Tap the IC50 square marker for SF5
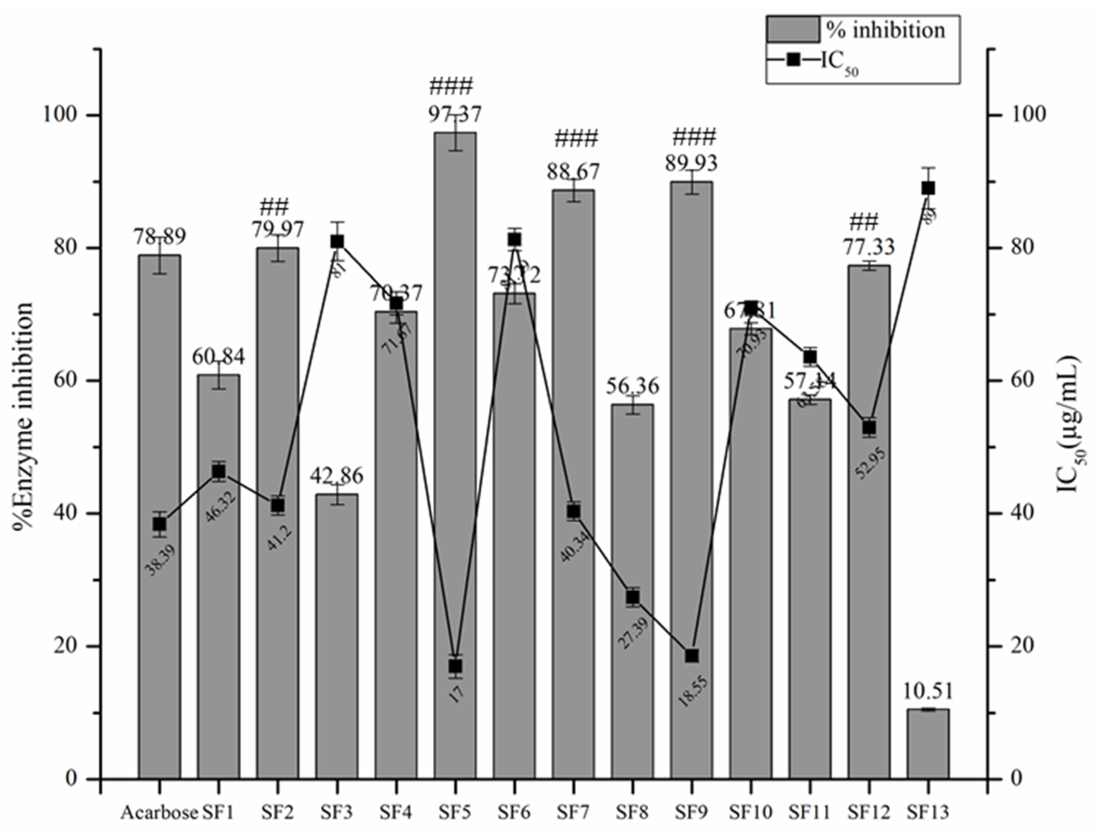pos(456,666)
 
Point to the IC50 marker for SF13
pos(928,188)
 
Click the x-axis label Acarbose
pos(159,812)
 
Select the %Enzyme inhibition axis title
pos(24,416)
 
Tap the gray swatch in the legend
pos(793,30)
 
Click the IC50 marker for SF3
pos(337,241)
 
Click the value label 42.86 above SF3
pos(337,476)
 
